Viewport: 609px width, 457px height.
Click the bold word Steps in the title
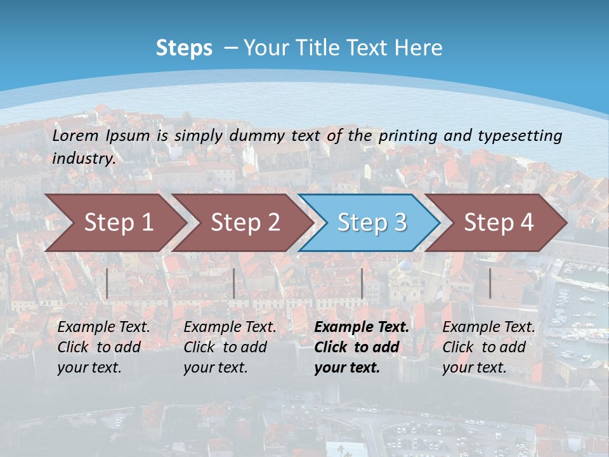tap(184, 48)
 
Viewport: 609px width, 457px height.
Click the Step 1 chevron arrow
tap(118, 223)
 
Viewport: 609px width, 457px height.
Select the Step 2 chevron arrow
tap(245, 223)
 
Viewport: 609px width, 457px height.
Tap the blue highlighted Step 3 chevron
tap(371, 223)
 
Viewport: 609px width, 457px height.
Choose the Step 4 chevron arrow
tap(498, 223)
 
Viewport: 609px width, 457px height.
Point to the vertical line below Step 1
tap(107, 283)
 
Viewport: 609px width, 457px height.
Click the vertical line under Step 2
tap(234, 283)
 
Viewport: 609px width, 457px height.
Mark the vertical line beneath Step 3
tap(362, 283)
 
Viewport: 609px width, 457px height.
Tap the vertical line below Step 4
tap(490, 283)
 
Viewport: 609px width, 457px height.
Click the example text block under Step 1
tap(103, 347)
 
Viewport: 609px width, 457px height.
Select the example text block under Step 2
tap(230, 347)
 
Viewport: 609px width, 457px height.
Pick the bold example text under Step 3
tap(362, 347)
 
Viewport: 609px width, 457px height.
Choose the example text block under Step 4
tap(488, 347)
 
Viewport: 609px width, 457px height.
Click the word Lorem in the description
tap(75, 136)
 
